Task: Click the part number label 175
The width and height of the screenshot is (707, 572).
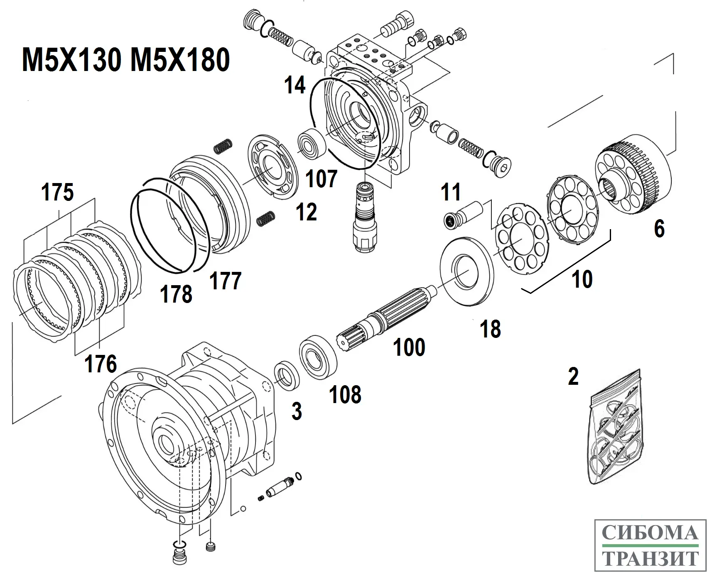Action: tap(58, 193)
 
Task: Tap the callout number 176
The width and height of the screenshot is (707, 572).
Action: tap(101, 364)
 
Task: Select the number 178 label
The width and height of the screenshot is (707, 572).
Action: tap(177, 294)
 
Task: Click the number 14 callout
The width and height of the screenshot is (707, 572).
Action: tap(295, 85)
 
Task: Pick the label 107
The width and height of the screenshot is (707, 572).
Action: tap(321, 179)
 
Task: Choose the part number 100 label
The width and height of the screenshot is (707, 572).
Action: tap(409, 347)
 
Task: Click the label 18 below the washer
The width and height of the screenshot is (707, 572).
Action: tap(490, 329)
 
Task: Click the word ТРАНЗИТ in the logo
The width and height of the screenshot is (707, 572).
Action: tap(651, 558)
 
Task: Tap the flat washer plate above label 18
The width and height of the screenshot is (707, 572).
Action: tap(468, 272)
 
